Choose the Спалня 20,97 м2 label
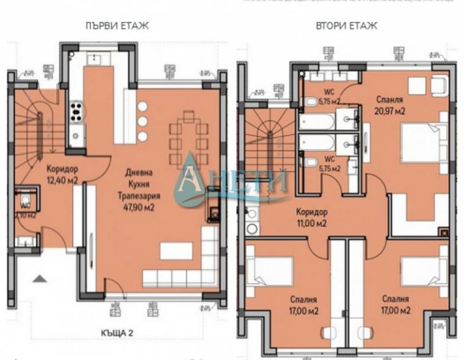point(389,104)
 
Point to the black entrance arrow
point(40,279)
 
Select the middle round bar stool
point(142,121)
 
